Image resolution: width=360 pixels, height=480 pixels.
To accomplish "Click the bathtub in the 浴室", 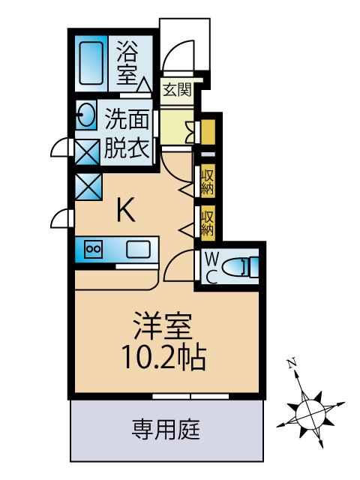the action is point(91,63).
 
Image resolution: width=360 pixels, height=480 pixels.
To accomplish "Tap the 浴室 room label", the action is point(127,64).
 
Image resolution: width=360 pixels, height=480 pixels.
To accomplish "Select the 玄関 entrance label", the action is point(177,89).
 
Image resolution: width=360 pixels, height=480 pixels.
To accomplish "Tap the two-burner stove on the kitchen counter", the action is point(94,249).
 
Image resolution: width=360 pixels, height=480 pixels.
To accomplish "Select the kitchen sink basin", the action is point(138,248).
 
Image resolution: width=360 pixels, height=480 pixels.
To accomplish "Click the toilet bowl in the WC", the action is point(234,265).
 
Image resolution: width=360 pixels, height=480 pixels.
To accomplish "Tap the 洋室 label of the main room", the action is point(163,326).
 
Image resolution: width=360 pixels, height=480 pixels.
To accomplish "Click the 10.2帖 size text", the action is point(163,357).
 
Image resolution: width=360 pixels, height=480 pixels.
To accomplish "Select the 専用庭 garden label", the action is point(166,429).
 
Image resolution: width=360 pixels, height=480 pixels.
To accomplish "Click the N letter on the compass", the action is point(291,363).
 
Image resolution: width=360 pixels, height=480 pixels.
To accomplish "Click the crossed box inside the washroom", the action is point(88,152).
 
